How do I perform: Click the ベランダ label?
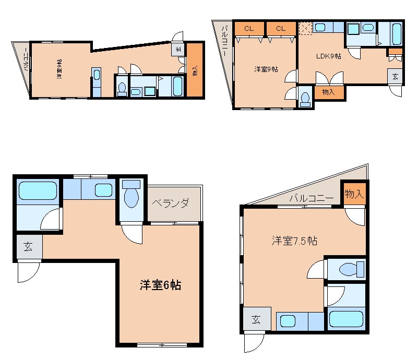(x=170, y=203)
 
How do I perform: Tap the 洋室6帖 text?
(x=161, y=285)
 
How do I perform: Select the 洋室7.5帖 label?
(x=294, y=241)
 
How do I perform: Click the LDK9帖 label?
(x=328, y=56)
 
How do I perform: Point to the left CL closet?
(x=249, y=29)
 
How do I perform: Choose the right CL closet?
(x=281, y=29)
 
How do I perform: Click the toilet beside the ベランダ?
(x=132, y=194)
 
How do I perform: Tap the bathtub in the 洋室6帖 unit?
(x=38, y=190)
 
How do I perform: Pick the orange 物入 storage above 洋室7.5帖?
(x=354, y=194)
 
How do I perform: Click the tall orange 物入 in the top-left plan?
(x=195, y=70)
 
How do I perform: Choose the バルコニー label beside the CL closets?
(x=225, y=41)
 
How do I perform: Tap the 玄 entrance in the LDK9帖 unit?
(x=395, y=77)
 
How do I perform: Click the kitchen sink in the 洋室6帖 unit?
(x=103, y=190)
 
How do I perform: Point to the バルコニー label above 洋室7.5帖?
(x=312, y=198)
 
